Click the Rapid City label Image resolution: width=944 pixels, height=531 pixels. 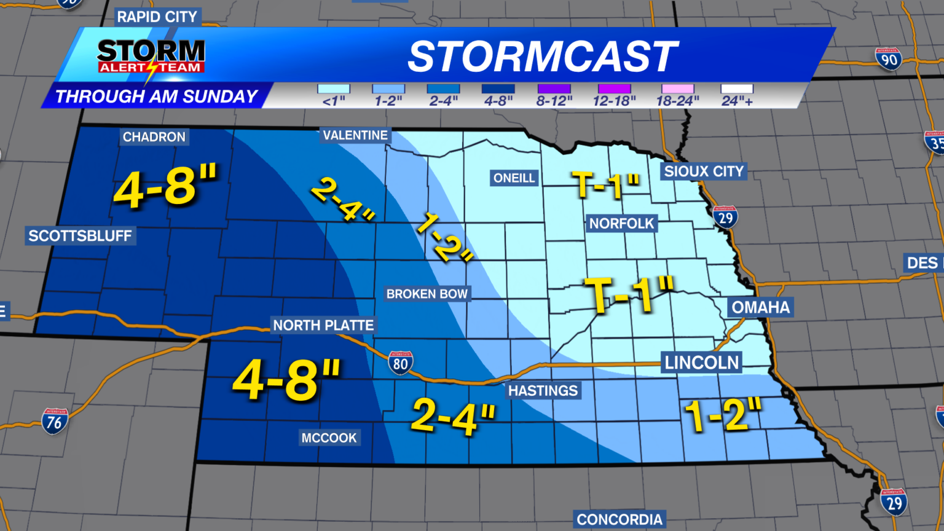click(157, 17)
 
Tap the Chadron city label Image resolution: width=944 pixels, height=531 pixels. click(154, 136)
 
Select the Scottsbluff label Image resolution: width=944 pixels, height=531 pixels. click(80, 235)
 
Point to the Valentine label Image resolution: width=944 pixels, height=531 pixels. click(355, 135)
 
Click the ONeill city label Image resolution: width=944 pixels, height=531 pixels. click(514, 178)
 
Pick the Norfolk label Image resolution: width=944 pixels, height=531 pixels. click(621, 223)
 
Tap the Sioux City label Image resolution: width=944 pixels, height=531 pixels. click(704, 171)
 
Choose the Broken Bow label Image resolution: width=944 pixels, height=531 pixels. click(427, 294)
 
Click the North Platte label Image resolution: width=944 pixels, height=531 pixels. click(323, 325)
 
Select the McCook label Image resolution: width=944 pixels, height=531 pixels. click(329, 438)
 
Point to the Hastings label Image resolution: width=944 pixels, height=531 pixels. click(543, 390)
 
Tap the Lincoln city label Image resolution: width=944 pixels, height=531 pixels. click(701, 362)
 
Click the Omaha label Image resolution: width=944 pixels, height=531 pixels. click(760, 307)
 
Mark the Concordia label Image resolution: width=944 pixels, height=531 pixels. click(619, 519)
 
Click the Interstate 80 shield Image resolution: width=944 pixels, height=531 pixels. click(400, 363)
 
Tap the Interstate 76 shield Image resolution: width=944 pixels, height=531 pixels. click(55, 422)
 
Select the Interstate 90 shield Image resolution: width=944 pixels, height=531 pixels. click(889, 59)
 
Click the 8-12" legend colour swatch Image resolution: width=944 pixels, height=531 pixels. click(554, 89)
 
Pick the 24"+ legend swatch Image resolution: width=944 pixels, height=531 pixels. click(737, 89)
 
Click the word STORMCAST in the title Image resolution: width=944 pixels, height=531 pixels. click(543, 57)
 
